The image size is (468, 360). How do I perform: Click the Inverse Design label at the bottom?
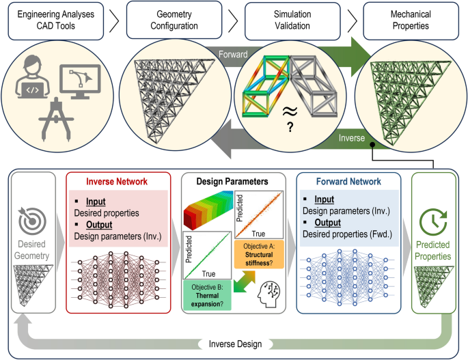pos(234,344)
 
